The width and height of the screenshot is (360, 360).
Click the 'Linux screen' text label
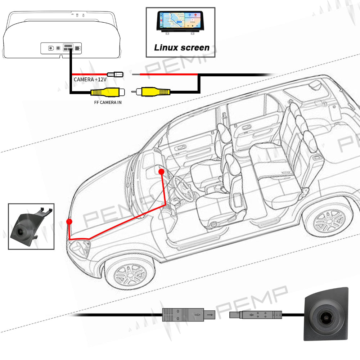[x=181, y=48]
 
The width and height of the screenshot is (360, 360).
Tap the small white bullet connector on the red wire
[x=116, y=75]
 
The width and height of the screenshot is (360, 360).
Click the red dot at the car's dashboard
[x=161, y=172]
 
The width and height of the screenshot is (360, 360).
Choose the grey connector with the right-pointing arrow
[x=188, y=315]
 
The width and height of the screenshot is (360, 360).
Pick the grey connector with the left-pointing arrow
[x=256, y=315]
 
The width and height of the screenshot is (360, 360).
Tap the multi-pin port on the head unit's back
[x=68, y=48]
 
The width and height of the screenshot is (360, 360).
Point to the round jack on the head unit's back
[x=51, y=48]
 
